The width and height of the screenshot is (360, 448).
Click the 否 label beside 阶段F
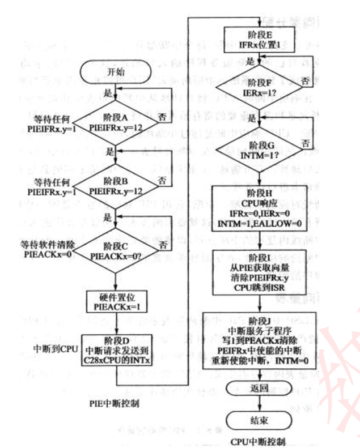[x=305, y=81]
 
